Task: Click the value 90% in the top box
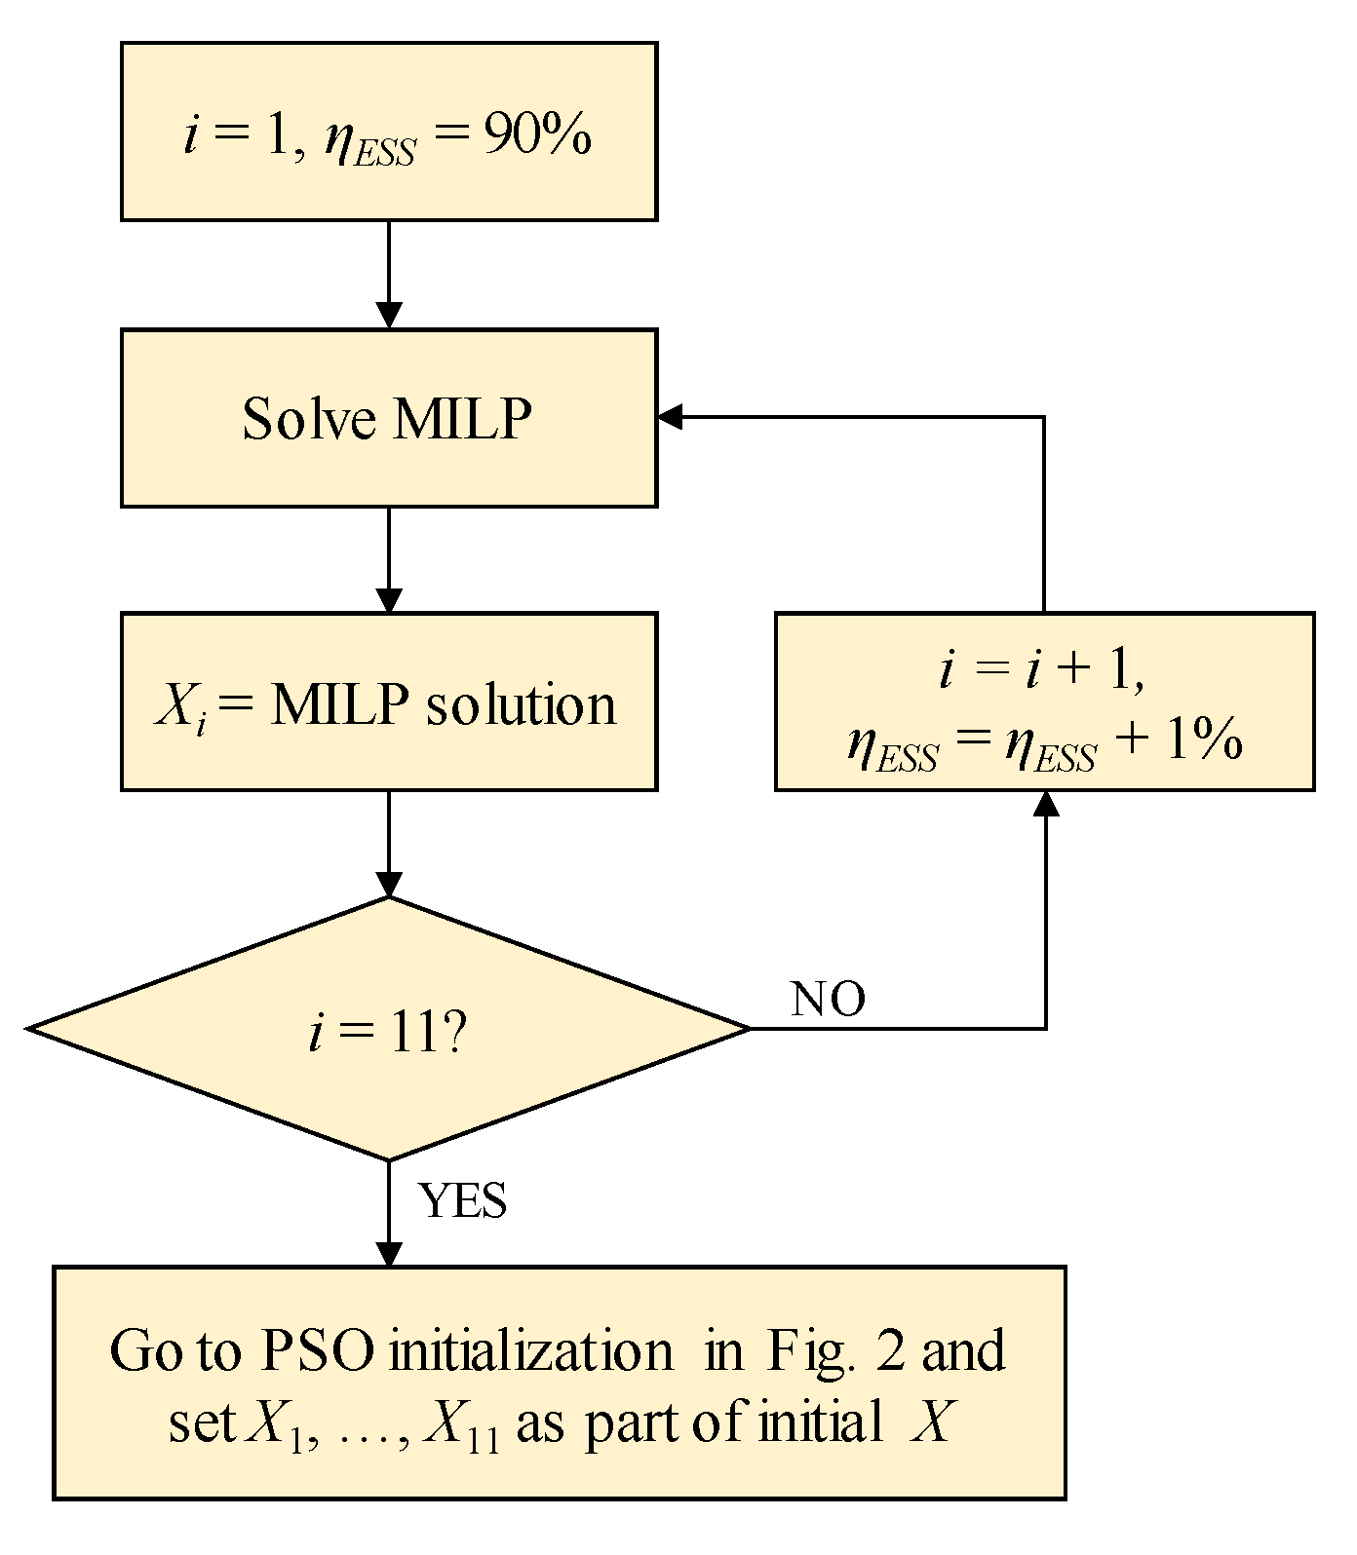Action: point(536,137)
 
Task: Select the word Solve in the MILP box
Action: point(309,419)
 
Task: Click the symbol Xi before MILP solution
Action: point(181,706)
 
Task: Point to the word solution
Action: point(522,704)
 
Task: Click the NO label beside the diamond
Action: point(828,1000)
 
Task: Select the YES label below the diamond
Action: point(463,1200)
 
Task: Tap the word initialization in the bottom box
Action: point(530,1351)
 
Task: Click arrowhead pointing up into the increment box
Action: point(1046,803)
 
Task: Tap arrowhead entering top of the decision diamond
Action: point(389,885)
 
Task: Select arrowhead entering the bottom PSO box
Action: point(389,1256)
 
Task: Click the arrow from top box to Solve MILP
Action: point(389,273)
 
